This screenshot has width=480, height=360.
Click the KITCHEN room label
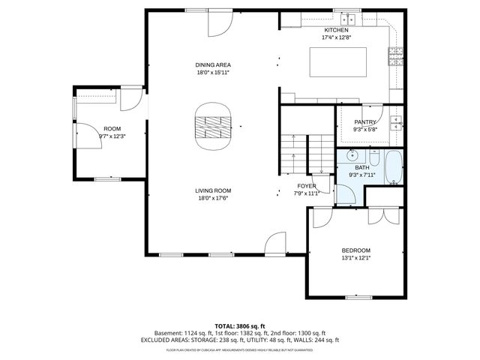[336, 30]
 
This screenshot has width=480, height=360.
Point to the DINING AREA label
[213, 65]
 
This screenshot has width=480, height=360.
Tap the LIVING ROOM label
[213, 190]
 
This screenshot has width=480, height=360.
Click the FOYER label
[307, 185]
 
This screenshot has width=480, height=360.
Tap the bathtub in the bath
[394, 169]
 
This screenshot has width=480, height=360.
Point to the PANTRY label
[365, 121]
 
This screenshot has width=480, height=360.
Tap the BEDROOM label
[355, 250]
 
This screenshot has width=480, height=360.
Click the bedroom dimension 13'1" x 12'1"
[355, 258]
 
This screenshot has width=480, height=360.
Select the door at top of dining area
[219, 25]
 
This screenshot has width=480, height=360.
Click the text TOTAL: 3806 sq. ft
[239, 325]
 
